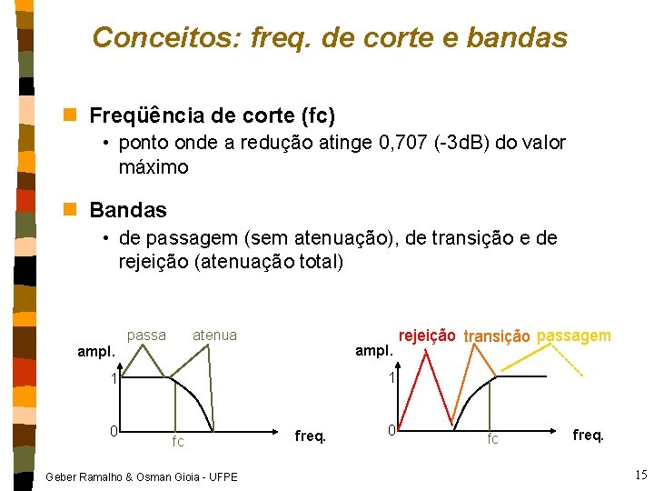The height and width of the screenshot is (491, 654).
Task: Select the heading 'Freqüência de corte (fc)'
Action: (x=213, y=116)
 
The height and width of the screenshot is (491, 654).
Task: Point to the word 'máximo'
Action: (x=154, y=167)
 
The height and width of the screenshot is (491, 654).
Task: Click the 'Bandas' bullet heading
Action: (x=128, y=210)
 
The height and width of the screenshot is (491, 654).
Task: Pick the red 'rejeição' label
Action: (x=427, y=336)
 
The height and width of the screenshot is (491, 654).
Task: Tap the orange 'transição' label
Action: (x=497, y=337)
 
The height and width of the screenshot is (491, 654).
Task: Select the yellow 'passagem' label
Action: (x=574, y=336)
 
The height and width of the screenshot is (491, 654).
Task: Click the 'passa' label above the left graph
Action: (x=146, y=336)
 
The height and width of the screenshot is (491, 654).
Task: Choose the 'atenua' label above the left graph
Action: (x=214, y=336)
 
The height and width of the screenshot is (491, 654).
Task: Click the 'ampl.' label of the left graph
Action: (x=96, y=351)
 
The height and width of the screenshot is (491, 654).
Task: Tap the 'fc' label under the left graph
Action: (x=178, y=442)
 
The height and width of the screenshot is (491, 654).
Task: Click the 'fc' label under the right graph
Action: (x=492, y=438)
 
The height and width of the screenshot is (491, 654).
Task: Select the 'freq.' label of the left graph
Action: (x=311, y=436)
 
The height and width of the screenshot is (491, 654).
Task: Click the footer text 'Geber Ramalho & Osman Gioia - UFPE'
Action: (x=141, y=476)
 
